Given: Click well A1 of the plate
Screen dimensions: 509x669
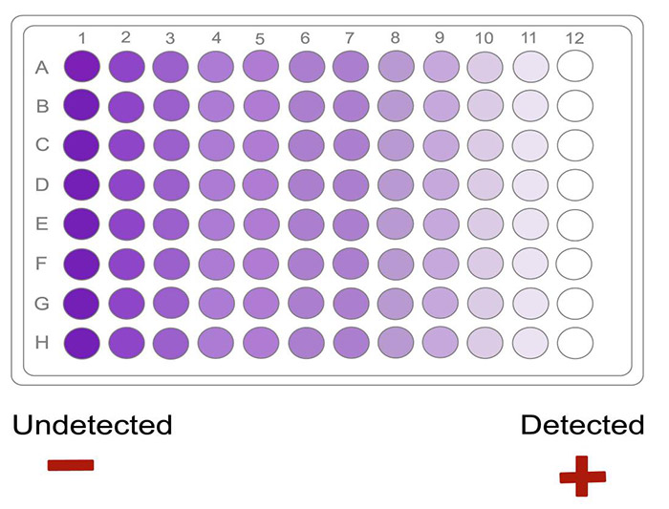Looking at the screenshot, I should (82, 67).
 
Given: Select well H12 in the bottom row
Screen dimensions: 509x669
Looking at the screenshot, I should (575, 342).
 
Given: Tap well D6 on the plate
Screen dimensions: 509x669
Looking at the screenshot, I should (306, 184).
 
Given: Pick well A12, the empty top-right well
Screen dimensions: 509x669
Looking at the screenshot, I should (575, 67).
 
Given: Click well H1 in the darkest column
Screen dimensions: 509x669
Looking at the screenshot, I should (82, 342).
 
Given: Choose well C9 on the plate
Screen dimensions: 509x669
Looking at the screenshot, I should (441, 145).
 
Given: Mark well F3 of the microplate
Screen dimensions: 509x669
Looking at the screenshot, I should (171, 263).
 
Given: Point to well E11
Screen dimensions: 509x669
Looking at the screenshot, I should (530, 223).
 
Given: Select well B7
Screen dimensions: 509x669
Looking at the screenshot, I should (351, 106).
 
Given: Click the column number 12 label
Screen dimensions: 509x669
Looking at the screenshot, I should (573, 38).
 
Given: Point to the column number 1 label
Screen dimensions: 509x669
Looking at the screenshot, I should (82, 37).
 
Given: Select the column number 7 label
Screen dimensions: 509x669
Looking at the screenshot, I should (350, 38).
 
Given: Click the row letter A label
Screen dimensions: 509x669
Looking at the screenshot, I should (42, 68).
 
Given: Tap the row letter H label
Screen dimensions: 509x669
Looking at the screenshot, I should (42, 343).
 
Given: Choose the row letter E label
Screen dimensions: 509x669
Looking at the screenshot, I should (42, 224).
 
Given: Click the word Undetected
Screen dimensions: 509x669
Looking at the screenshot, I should (93, 425).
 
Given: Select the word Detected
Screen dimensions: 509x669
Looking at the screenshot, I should (582, 425).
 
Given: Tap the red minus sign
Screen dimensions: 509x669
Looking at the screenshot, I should (71, 465).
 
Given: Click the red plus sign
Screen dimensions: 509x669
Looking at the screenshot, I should (582, 476).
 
